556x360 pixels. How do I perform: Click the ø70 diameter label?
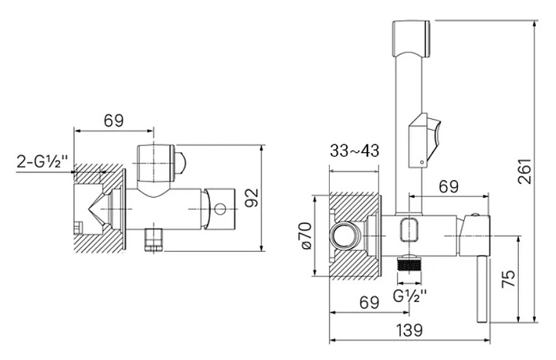307,235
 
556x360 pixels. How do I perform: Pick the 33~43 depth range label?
354,151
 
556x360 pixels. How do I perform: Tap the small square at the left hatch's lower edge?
78,227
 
